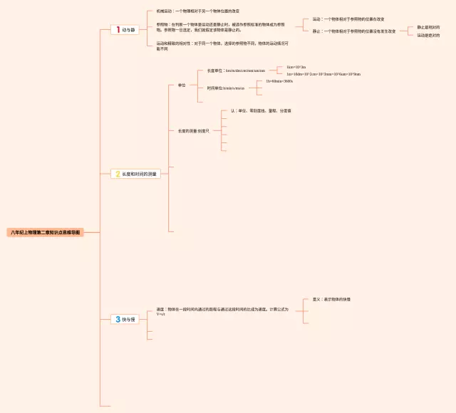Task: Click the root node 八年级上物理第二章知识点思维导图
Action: click(x=46, y=232)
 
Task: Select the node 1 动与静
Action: click(x=125, y=30)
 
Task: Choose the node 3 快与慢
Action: click(x=124, y=320)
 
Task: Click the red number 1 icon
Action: click(x=118, y=30)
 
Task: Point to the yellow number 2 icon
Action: click(x=118, y=174)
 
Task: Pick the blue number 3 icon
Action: click(x=118, y=320)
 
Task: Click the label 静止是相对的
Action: click(x=428, y=27)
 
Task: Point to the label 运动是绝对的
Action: click(x=428, y=35)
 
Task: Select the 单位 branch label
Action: click(x=182, y=85)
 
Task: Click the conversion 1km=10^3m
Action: click(x=296, y=66)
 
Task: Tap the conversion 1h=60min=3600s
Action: click(x=279, y=82)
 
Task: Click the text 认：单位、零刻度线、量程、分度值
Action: click(x=259, y=111)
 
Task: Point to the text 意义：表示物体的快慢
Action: click(x=331, y=299)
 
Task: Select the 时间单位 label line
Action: click(x=225, y=89)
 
